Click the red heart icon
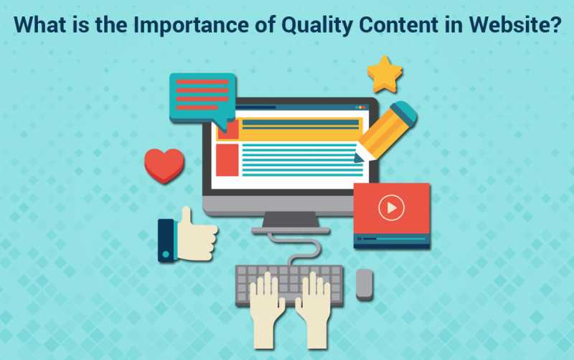164,164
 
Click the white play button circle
391,209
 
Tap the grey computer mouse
364,284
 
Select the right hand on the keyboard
313,301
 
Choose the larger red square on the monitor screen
227,159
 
